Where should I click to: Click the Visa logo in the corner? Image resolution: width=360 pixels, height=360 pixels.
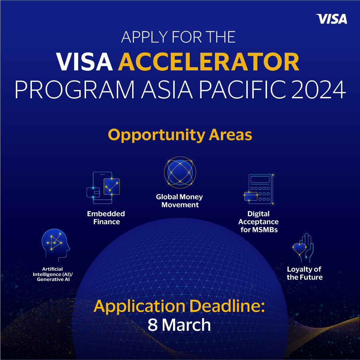pyautogui.click(x=331, y=19)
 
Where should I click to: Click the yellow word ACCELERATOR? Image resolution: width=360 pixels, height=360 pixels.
pyautogui.click(x=209, y=62)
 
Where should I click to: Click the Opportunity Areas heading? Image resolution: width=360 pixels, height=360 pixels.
pyautogui.click(x=180, y=135)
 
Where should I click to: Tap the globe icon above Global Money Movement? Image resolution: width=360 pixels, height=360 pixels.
pyautogui.click(x=180, y=173)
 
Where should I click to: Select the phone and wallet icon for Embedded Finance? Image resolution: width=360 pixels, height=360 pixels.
pyautogui.click(x=103, y=188)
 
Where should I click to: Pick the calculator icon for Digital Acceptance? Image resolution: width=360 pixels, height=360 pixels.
pyautogui.click(x=259, y=189)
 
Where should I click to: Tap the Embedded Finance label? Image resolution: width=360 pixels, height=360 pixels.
pyautogui.click(x=106, y=218)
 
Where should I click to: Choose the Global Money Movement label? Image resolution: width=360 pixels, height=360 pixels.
pyautogui.click(x=180, y=201)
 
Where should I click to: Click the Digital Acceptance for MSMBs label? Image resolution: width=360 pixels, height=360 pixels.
pyautogui.click(x=258, y=222)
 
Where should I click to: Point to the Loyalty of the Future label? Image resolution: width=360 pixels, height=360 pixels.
pyautogui.click(x=305, y=273)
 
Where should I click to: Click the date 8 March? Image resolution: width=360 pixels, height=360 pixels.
pyautogui.click(x=179, y=325)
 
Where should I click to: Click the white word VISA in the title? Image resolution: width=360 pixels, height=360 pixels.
pyautogui.click(x=85, y=62)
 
